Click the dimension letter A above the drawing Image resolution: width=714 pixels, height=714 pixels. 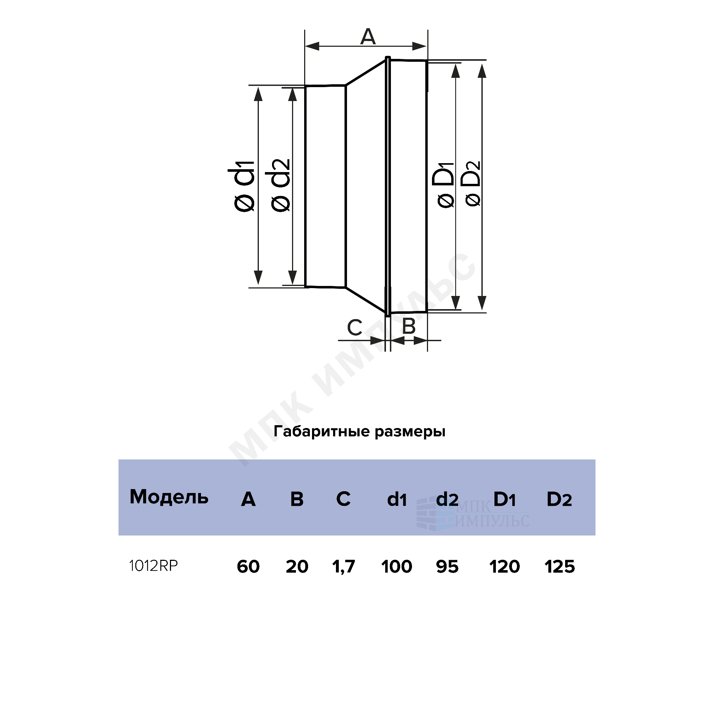tap(368, 37)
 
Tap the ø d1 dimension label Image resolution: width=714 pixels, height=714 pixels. tap(242, 186)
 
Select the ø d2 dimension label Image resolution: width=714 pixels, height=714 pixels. tap(280, 186)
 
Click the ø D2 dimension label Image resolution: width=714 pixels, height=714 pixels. tap(473, 183)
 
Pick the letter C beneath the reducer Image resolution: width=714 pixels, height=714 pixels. tap(355, 327)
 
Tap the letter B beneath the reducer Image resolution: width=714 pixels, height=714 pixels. tap(409, 327)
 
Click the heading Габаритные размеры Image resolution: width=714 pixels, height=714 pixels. tap(359, 432)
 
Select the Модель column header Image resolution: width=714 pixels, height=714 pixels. tap(169, 497)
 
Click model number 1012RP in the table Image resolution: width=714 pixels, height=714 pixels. tap(154, 566)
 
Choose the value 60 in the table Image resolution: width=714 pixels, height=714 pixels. tap(248, 567)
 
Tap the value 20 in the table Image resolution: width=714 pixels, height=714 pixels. tap(297, 567)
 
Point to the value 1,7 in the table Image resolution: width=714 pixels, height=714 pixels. tap(344, 567)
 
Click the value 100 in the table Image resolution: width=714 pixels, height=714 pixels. tap(397, 567)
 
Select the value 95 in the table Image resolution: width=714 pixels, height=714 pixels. tap(447, 567)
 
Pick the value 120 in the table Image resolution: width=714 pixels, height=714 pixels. tap(505, 567)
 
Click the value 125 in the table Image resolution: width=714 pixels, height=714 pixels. tap(560, 567)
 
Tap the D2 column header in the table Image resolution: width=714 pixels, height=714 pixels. tap(559, 499)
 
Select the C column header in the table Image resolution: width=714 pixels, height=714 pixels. tap(343, 499)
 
